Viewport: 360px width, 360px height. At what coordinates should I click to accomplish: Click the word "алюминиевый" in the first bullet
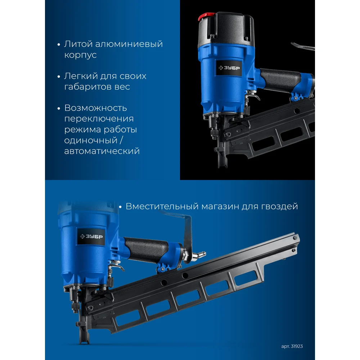[x=129, y=44]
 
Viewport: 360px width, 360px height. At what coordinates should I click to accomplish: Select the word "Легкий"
[x=79, y=76]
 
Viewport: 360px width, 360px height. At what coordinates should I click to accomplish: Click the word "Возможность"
[x=95, y=108]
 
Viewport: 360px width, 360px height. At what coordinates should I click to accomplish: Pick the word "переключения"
[x=99, y=119]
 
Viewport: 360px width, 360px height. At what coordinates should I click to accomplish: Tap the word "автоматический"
[x=102, y=151]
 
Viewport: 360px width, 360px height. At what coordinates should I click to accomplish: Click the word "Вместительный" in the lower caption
[x=162, y=206]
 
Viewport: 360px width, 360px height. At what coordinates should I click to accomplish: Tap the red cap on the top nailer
[x=206, y=16]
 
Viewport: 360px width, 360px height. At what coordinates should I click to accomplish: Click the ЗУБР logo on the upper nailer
[x=229, y=68]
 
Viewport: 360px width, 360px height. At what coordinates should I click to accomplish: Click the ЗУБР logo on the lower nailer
[x=91, y=237]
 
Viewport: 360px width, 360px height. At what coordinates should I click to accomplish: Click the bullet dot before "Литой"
[x=59, y=45]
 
